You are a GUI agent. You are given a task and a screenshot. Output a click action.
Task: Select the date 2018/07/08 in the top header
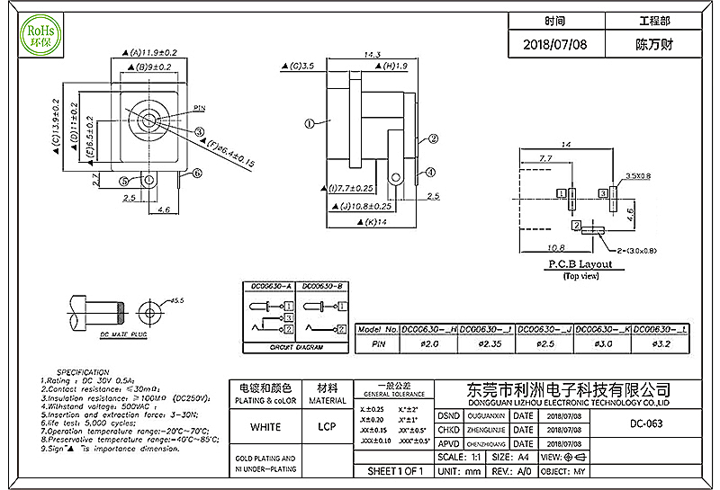pos(555,43)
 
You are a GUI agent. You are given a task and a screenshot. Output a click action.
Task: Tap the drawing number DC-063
pos(646,423)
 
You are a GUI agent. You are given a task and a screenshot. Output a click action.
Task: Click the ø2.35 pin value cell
pos(487,344)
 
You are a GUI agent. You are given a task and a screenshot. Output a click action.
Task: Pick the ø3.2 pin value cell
pos(661,344)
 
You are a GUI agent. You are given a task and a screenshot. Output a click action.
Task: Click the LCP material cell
pos(328,426)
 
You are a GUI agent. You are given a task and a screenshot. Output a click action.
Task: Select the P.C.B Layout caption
pos(580,264)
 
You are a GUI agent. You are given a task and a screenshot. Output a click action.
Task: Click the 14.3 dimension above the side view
pos(371,55)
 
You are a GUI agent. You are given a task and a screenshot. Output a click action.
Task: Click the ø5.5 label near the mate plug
pos(175,300)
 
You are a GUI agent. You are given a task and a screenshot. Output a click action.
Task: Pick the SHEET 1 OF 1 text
pos(396,471)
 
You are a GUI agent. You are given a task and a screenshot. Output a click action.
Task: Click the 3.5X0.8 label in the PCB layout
pos(638,175)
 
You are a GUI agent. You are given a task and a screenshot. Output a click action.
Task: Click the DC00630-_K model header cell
pos(603,330)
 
